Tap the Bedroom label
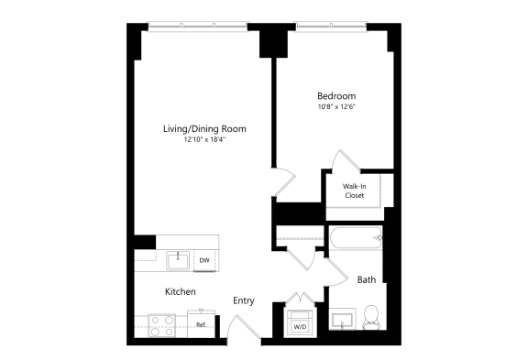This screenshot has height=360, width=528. point(336,96)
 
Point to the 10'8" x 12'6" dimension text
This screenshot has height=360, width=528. point(336,107)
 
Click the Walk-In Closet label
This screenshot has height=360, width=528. point(355,190)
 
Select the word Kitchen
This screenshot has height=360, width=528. point(180,291)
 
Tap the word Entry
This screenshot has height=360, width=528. point(244,300)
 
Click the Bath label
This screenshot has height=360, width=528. point(367,279)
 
